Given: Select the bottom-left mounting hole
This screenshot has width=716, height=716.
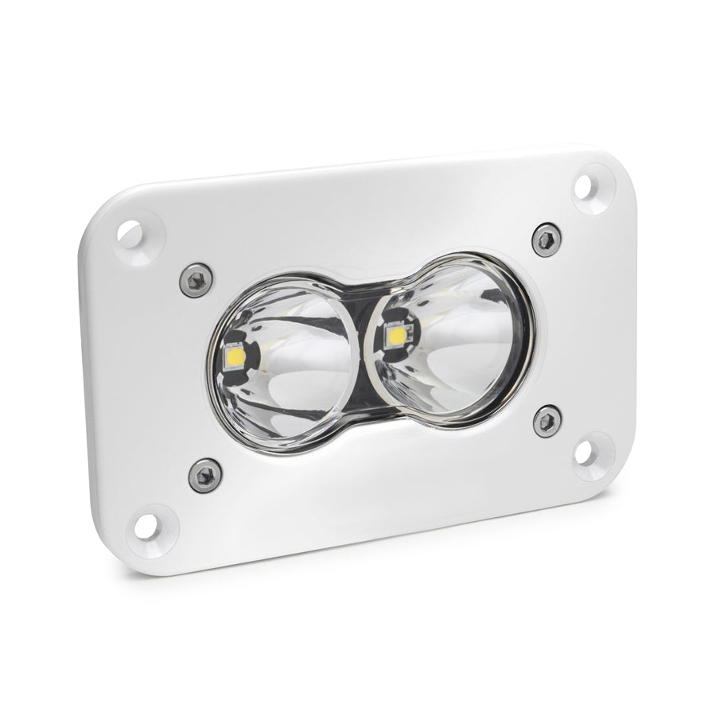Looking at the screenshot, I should (x=146, y=524).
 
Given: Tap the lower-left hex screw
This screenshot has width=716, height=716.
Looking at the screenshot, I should (x=205, y=475).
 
